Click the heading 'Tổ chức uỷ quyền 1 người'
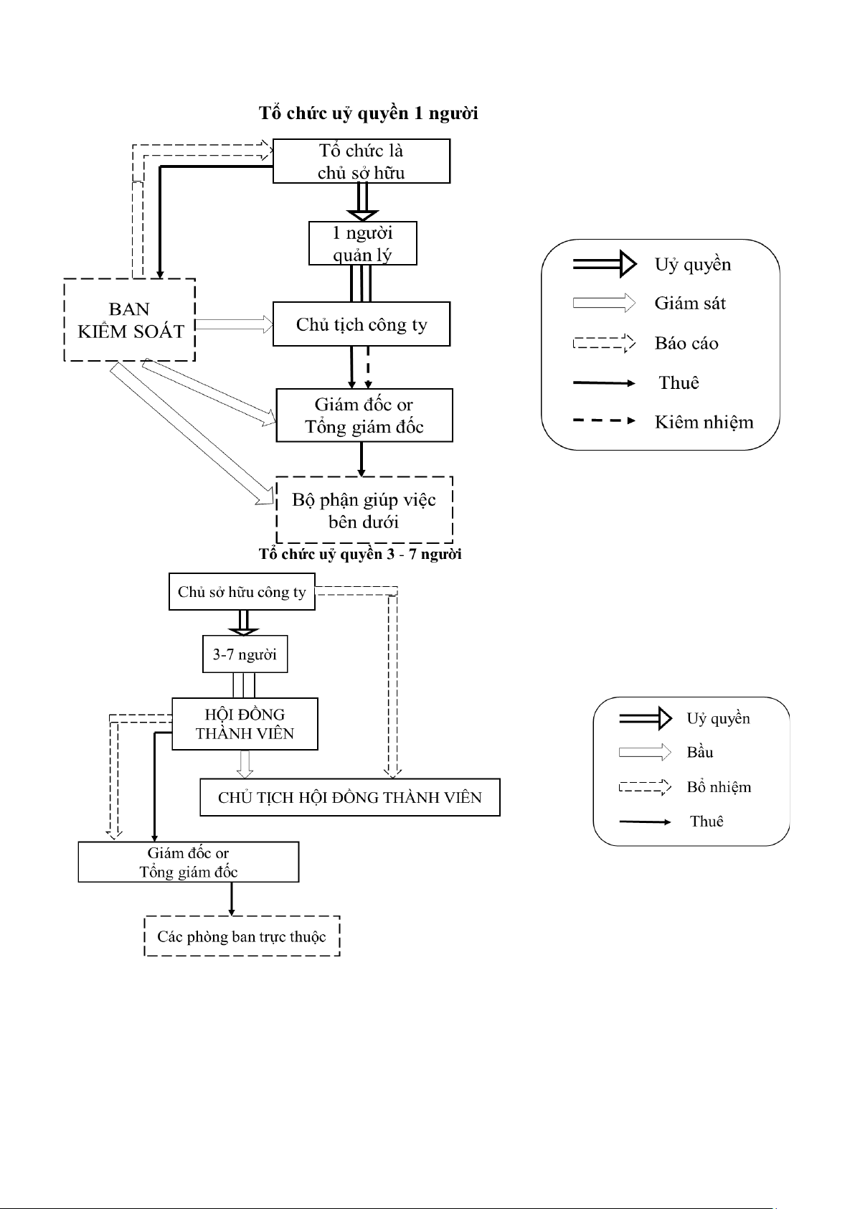click(x=369, y=113)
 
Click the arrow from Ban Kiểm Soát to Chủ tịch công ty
click(x=234, y=324)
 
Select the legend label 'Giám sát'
click(x=690, y=304)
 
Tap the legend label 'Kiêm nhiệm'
click(x=704, y=422)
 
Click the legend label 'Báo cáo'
click(x=686, y=343)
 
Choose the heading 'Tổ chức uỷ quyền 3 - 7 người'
click(x=360, y=555)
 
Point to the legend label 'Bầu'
click(x=699, y=753)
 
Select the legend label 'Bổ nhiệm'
click(x=719, y=787)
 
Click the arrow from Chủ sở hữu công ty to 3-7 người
click(x=244, y=623)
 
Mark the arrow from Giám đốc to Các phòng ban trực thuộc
click(x=232, y=899)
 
